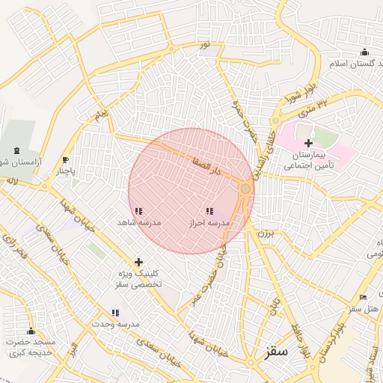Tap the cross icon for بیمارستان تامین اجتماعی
(x=308, y=143)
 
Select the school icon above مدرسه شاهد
(x=138, y=212)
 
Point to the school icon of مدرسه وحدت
(x=115, y=313)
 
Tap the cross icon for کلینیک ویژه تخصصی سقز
(x=138, y=262)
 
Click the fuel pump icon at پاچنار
(x=66, y=160)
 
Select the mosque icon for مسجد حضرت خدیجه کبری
(x=31, y=331)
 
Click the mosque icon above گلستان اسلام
(x=364, y=52)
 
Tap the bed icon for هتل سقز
(x=364, y=298)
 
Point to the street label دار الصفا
(x=204, y=165)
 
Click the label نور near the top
(x=204, y=46)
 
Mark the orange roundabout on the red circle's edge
(x=245, y=189)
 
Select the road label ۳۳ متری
(x=313, y=109)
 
